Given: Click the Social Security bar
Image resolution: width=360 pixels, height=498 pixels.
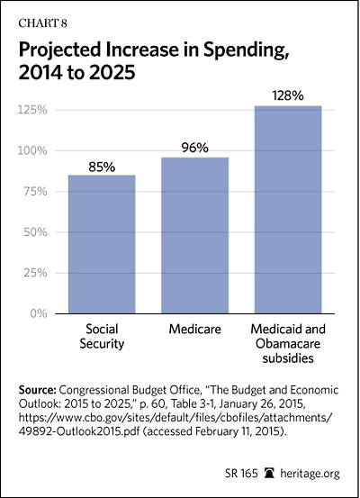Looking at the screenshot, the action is [x=102, y=244].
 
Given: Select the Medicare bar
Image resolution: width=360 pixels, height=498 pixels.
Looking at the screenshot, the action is [x=195, y=235].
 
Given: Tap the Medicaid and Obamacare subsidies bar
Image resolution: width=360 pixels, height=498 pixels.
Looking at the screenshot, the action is [x=288, y=210].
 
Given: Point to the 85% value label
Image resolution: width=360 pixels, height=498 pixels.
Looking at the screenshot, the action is [x=102, y=168].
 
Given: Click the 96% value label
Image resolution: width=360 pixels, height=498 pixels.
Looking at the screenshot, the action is [x=195, y=148].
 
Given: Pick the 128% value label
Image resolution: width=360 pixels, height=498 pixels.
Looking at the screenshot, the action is [x=288, y=95].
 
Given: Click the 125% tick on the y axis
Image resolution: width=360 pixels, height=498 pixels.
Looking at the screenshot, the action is [x=32, y=110].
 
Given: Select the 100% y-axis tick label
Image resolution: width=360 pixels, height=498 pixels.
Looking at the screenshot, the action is [x=32, y=150].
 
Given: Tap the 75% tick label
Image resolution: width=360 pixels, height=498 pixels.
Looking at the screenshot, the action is [x=36, y=192].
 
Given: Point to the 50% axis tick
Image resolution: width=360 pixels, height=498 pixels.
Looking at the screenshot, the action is [x=36, y=232].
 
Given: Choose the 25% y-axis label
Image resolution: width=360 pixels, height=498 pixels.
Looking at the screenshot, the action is [x=36, y=273].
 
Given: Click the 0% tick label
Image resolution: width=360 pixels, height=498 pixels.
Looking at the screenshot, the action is [x=39, y=313].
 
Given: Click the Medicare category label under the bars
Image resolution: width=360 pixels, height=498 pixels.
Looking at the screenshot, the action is [x=195, y=329].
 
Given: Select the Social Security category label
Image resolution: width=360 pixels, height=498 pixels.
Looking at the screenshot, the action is [x=102, y=336].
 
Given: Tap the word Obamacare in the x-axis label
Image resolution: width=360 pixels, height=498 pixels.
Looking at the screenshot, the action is [x=288, y=344].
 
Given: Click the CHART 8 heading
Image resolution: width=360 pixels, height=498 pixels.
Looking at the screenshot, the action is [x=42, y=23].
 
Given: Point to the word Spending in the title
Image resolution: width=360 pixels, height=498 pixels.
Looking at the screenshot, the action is [x=246, y=50].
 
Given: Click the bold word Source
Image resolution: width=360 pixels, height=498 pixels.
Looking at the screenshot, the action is [x=38, y=390].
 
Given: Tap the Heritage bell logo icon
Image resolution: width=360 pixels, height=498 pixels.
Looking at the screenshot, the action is [x=269, y=473].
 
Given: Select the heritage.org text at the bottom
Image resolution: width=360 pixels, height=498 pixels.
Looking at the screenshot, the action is [x=310, y=474].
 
